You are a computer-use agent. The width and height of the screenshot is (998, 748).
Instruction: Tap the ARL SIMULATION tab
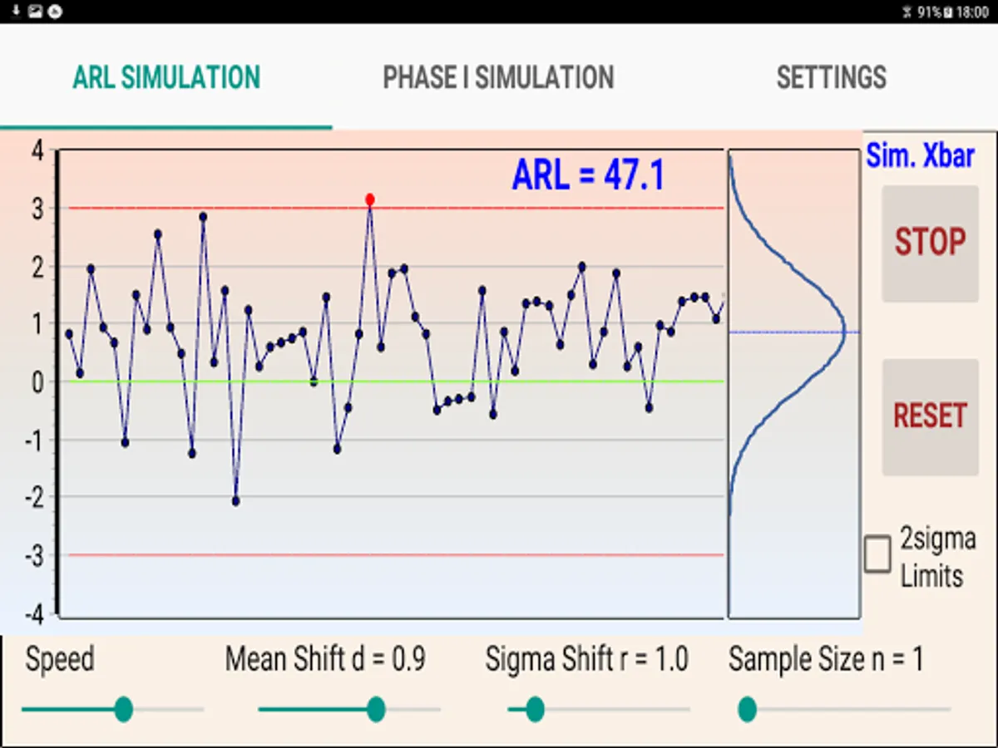[166, 77]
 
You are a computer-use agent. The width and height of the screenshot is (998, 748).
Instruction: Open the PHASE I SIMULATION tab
[498, 77]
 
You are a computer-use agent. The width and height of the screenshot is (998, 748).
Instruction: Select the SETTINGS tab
[831, 77]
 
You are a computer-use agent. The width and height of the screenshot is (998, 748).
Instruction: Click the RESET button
[930, 416]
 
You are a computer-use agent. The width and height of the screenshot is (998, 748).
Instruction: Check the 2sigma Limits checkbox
[877, 554]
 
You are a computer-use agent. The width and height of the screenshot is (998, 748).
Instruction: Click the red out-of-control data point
[370, 199]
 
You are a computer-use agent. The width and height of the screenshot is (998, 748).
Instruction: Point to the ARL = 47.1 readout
[588, 175]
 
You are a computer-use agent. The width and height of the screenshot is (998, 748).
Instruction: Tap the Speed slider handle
[124, 709]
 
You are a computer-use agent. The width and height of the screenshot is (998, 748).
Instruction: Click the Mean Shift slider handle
[376, 709]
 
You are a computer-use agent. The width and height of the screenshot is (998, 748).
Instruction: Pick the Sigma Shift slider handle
[535, 709]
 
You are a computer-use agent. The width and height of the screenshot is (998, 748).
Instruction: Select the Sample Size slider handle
[747, 709]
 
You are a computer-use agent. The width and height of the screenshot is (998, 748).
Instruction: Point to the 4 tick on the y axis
[37, 151]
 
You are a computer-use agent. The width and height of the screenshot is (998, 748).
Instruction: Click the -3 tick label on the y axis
[33, 555]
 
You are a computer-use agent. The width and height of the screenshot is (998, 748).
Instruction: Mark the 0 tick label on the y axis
[37, 382]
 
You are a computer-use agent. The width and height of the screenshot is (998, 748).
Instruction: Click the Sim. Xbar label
[920, 155]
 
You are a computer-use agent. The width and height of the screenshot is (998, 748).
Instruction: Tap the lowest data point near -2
[236, 501]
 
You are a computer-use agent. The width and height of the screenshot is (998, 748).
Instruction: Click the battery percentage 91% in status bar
[929, 12]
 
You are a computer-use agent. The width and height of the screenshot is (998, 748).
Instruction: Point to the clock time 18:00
[972, 12]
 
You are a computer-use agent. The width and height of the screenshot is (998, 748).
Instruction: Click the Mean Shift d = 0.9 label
[325, 660]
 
